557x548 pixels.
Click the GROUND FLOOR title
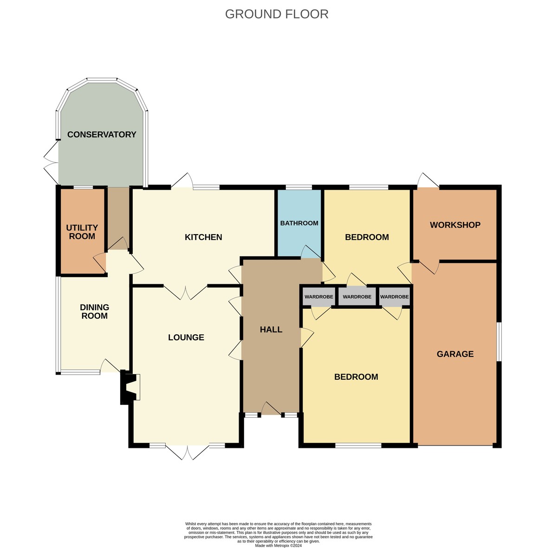tap(276, 14)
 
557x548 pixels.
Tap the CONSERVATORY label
tap(102, 134)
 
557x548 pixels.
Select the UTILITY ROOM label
tap(82, 232)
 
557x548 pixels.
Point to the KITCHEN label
tap(203, 237)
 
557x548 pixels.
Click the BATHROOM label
tap(299, 223)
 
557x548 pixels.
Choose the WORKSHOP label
tap(455, 225)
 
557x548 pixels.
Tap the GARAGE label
tap(455, 354)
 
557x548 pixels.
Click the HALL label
tap(271, 330)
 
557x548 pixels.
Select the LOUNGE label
tap(186, 337)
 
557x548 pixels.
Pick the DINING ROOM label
tap(94, 312)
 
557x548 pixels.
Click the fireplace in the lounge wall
tap(130, 387)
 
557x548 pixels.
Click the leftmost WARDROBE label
tap(318, 297)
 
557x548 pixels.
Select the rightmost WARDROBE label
tap(394, 297)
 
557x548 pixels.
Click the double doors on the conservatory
tap(51, 162)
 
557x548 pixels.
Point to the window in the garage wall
tap(499, 342)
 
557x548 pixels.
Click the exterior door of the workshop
tap(428, 180)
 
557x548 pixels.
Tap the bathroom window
tap(299, 187)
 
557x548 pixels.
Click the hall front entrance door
tap(271, 408)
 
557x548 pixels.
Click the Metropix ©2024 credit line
tap(278, 546)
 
